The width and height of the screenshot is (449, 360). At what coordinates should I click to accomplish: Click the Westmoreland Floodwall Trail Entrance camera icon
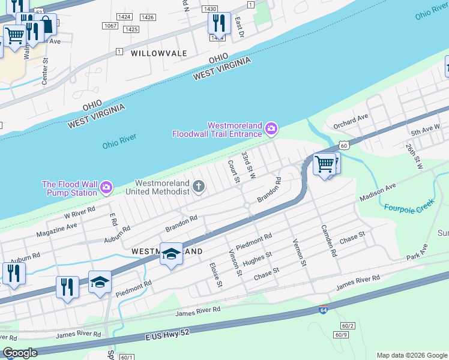pyautogui.click(x=271, y=128)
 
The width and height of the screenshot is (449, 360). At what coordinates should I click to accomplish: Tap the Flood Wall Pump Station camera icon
pyautogui.click(x=106, y=188)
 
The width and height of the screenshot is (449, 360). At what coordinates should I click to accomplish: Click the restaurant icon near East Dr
pyautogui.click(x=218, y=23)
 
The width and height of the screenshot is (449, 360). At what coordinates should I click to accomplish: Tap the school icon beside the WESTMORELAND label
pyautogui.click(x=171, y=254)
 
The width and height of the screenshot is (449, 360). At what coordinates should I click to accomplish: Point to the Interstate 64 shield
pyautogui.click(x=324, y=310)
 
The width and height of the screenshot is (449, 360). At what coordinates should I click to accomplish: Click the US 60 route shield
pyautogui.click(x=343, y=145)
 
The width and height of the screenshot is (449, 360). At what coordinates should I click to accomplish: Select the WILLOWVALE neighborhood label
pyautogui.click(x=159, y=53)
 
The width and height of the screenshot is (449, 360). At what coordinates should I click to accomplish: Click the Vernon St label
pyautogui.click(x=300, y=248)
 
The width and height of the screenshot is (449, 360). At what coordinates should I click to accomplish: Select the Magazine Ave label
pyautogui.click(x=56, y=230)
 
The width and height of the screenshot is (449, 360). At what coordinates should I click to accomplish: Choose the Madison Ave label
pyautogui.click(x=378, y=193)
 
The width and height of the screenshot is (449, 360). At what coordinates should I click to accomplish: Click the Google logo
pyautogui.click(x=20, y=353)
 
